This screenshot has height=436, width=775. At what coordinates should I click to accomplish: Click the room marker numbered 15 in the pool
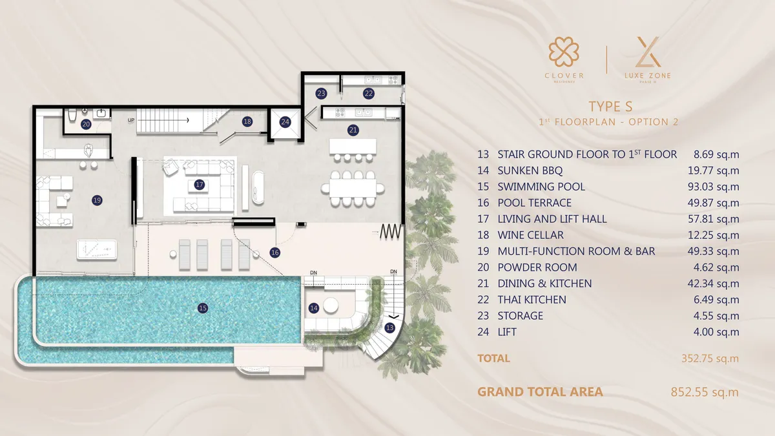[x=203, y=308]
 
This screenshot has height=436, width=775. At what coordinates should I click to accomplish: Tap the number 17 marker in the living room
[x=200, y=185]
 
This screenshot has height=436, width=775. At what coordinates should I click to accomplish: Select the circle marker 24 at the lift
[x=285, y=121]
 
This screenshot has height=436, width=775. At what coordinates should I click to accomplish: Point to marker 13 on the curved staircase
[x=389, y=327]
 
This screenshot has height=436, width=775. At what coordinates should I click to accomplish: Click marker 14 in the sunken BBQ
[x=314, y=308]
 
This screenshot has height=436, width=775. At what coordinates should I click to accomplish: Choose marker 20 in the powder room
[x=86, y=124]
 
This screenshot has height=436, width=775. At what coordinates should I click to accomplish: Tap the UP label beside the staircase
[x=131, y=120]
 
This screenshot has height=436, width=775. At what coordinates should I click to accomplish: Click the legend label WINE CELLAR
[x=530, y=235]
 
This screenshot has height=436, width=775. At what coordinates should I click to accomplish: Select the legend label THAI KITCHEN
[x=532, y=300]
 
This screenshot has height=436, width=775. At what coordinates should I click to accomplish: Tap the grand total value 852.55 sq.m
[x=705, y=391]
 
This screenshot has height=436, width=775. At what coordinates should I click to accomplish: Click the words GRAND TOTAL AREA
[x=540, y=391]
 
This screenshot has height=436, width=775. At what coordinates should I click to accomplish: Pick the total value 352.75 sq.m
[x=710, y=358]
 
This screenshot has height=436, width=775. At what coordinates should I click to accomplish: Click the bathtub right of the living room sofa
[x=258, y=186]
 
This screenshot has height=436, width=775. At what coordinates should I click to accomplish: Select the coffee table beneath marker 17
[x=199, y=186]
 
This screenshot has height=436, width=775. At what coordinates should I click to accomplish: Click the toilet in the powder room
[x=73, y=116]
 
